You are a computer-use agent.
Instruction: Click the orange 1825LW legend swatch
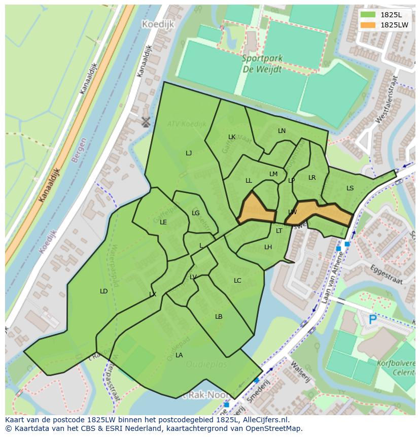tap(368, 25)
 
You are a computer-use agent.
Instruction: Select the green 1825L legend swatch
tap(368, 15)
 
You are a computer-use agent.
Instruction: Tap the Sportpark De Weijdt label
tap(261, 64)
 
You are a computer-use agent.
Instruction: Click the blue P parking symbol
tap(373, 320)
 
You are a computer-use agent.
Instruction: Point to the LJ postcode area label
tap(189, 153)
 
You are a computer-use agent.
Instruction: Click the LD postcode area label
tap(103, 291)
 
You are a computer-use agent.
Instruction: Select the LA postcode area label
tap(179, 355)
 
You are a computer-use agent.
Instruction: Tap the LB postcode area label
tap(219, 317)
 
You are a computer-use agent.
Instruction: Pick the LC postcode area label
tap(237, 281)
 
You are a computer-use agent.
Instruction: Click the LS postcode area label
tap(350, 188)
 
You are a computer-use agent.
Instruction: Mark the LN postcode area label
tap(282, 131)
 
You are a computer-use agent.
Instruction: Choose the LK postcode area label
tap(232, 137)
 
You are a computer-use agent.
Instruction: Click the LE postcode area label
tap(163, 222)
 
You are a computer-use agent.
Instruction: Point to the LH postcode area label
tap(268, 247)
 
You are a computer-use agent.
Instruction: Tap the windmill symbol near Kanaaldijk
tap(146, 122)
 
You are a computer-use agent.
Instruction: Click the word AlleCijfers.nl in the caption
tap(264, 420)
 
